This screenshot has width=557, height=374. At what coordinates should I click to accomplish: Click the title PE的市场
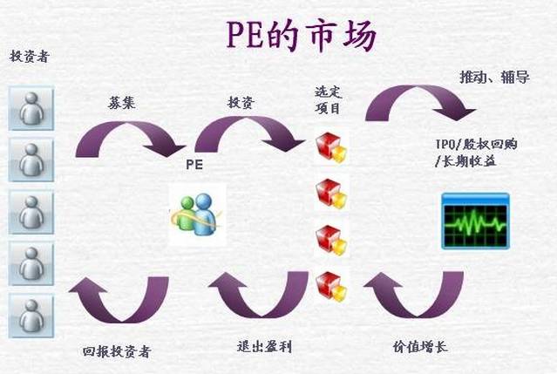click(302, 35)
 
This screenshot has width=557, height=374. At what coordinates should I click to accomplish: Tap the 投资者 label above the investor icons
click(29, 56)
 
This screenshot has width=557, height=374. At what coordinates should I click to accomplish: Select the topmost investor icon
click(31, 108)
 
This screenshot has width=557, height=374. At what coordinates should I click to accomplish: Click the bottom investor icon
click(31, 316)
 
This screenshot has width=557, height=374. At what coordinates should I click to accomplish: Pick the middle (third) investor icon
click(31, 212)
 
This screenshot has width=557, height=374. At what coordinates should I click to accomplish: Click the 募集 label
click(121, 103)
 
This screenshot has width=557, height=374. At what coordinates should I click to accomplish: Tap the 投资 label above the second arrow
click(241, 103)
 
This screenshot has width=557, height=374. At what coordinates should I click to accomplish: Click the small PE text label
click(194, 165)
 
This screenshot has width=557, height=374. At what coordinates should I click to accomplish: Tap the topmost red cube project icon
click(331, 147)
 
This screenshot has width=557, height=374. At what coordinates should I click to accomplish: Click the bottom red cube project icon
click(331, 287)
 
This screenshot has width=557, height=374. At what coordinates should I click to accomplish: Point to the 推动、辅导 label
click(494, 77)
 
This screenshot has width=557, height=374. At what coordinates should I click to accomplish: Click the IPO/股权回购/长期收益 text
click(476, 153)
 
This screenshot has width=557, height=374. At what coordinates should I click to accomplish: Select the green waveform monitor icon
click(475, 221)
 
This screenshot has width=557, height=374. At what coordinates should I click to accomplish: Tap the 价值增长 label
click(420, 347)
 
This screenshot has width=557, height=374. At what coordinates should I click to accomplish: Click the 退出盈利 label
click(265, 347)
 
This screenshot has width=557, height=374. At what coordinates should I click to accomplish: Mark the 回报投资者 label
click(117, 351)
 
